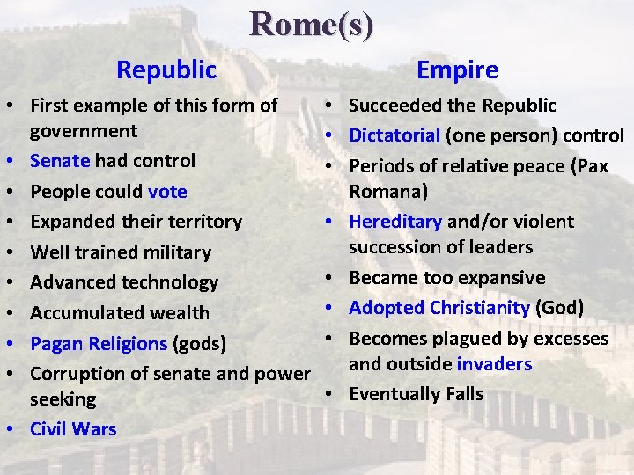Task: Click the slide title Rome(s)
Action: [312, 24]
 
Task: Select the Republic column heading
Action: [166, 69]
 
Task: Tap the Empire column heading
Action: [457, 69]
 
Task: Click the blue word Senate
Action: [60, 161]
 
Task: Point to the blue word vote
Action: [167, 191]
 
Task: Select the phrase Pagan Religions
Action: [99, 343]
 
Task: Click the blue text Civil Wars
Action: [73, 429]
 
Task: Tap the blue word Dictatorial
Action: [394, 135]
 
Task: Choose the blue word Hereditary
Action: [395, 222]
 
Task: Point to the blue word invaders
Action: [494, 364]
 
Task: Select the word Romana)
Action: [387, 192]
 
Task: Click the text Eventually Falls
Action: [416, 394]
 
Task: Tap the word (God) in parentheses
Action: [559, 308]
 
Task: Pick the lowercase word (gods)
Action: [199, 343]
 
